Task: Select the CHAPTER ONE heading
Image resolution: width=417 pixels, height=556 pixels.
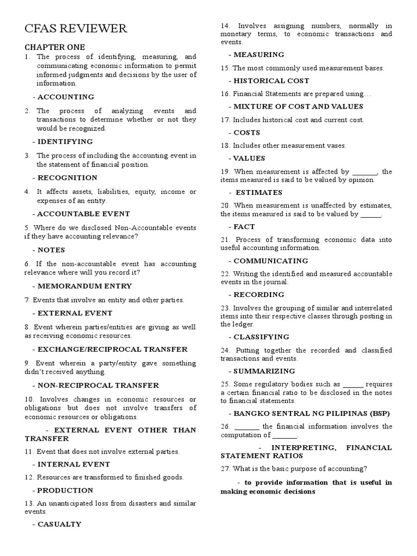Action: [x=55, y=47]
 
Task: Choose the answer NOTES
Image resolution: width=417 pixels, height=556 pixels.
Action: [x=51, y=250]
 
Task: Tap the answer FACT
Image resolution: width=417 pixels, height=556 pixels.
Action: [x=244, y=226]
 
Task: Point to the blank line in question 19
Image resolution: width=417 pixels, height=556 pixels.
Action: [x=364, y=172]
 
